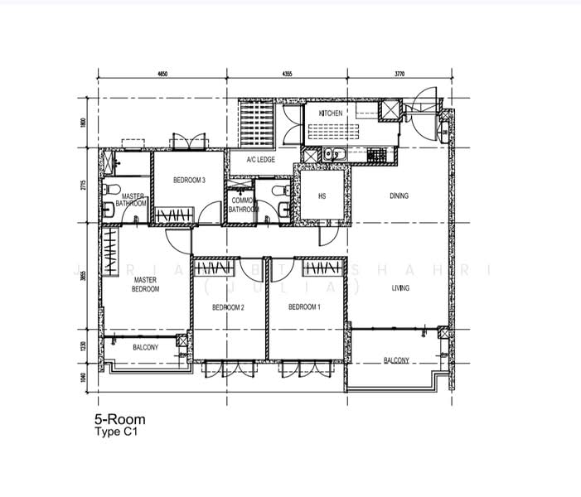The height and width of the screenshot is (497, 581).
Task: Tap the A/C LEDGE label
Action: click(260, 160)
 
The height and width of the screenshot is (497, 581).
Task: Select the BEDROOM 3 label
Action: click(189, 181)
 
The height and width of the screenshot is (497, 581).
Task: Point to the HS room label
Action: click(322, 196)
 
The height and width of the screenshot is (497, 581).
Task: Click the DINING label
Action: click(399, 196)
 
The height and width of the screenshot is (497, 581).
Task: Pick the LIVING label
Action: click(401, 288)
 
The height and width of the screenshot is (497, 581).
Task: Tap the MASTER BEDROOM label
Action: click(145, 285)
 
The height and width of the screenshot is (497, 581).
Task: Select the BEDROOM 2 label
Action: click(227, 307)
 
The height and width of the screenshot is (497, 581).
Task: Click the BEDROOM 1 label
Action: click(304, 307)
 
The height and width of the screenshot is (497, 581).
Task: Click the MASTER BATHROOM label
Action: click(132, 200)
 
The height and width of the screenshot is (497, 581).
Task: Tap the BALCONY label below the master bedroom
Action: click(145, 347)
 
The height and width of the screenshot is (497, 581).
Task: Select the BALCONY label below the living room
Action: click(395, 360)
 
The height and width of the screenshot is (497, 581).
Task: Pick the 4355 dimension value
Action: click(288, 75)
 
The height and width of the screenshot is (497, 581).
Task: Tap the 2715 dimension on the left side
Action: click(83, 186)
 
